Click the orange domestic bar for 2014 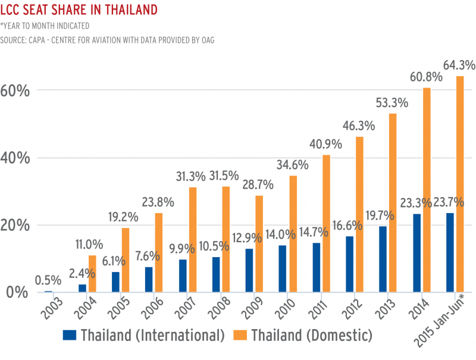tap(427, 190)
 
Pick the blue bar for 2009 tap(249, 270)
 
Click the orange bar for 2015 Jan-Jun tap(460, 184)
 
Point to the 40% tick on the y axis tap(15, 158)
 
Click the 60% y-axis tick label tap(15, 91)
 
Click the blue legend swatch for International tap(70, 336)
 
